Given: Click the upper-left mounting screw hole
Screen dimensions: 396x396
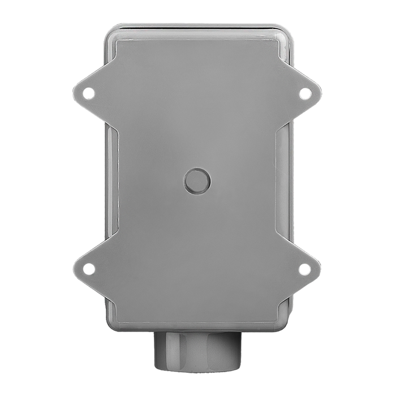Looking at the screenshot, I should [x=89, y=92].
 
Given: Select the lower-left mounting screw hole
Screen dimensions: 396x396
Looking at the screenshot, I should [x=89, y=269].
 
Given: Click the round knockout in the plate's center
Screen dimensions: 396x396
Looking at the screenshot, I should [x=197, y=181].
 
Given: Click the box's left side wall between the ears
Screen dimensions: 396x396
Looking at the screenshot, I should [x=111, y=181].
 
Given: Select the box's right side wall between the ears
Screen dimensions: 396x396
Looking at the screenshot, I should [x=285, y=181].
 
